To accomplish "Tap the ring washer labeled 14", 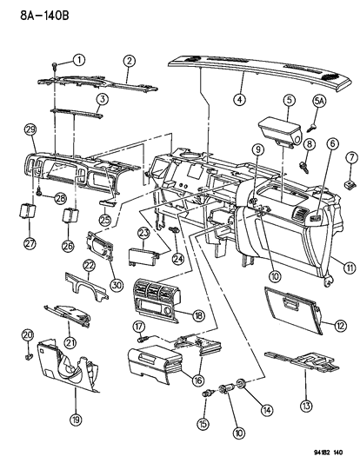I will (x=237, y=386).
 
